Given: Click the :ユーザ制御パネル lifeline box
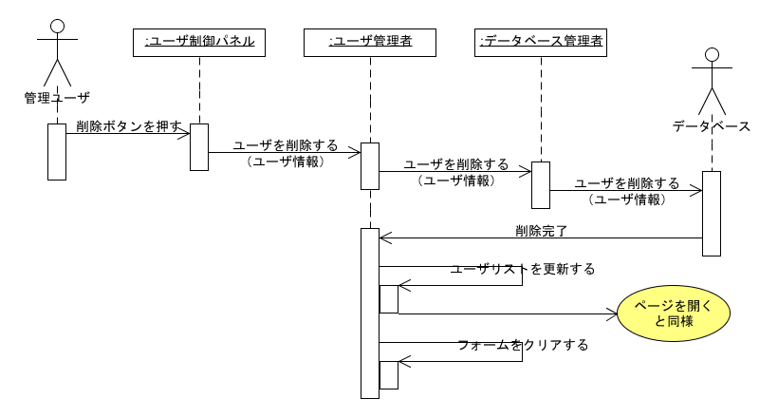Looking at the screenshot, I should tap(199, 42).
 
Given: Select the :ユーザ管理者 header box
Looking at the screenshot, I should tap(370, 42).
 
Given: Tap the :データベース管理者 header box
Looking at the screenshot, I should tap(540, 42).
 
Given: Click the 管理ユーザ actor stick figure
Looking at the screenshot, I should tap(57, 52).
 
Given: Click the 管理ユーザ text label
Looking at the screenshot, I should tap(57, 97).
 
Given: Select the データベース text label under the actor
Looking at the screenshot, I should tap(712, 125).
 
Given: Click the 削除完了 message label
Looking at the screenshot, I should tap(542, 230).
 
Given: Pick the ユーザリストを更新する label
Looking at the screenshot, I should tap(523, 269).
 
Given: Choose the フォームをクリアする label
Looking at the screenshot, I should tap(523, 345).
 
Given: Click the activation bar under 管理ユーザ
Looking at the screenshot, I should tap(57, 151).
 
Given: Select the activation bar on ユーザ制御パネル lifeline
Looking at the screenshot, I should tap(199, 146).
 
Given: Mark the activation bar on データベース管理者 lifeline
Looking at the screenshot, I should tap(540, 184).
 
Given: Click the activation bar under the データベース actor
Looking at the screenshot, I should tap(712, 213).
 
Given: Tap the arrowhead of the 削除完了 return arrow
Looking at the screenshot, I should tap(384, 237).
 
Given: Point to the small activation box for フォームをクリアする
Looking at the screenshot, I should tap(389, 374).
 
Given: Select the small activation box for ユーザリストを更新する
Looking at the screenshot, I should tap(389, 298).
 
